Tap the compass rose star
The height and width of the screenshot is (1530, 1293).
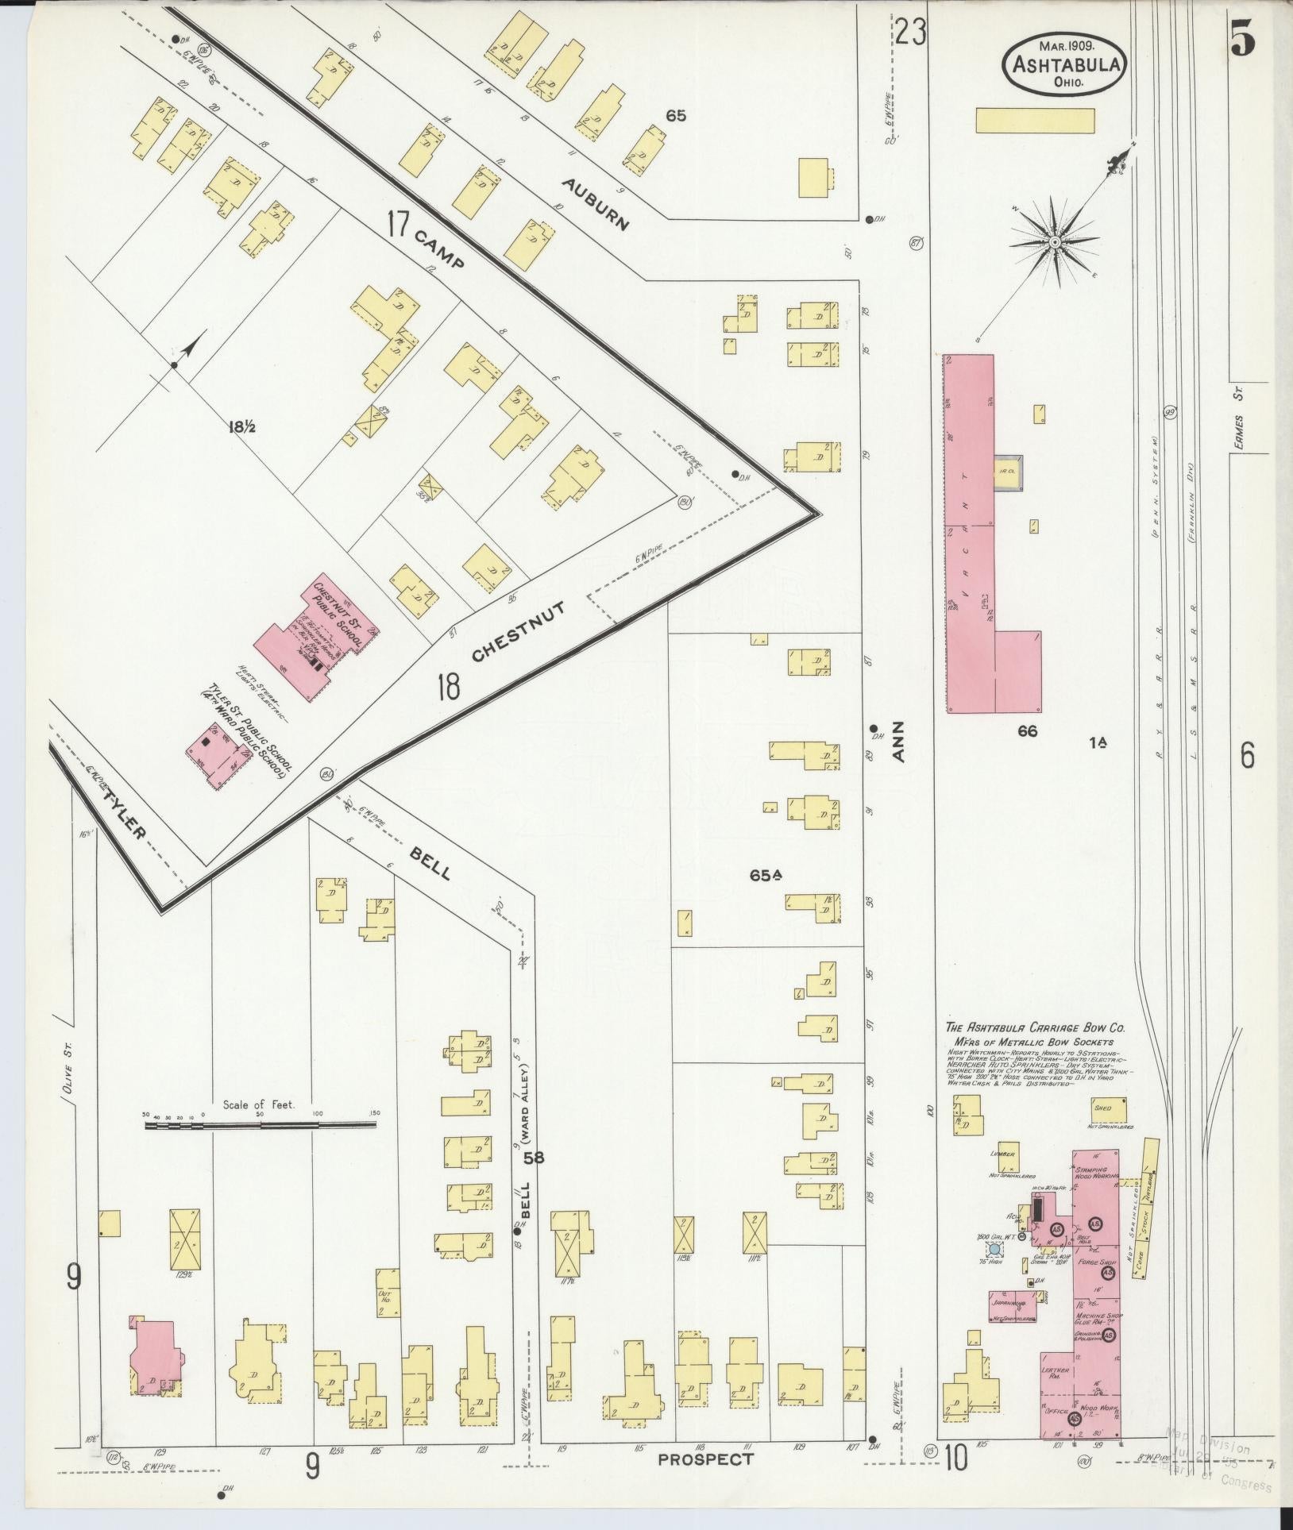click(x=1054, y=241)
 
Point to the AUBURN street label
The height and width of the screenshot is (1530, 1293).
click(x=595, y=204)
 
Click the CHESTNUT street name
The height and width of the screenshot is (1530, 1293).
click(x=518, y=631)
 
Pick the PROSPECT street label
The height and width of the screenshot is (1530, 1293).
click(x=705, y=1459)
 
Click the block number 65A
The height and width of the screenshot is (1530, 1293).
click(x=766, y=876)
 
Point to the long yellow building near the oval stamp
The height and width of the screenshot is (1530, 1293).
click(x=1035, y=121)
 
